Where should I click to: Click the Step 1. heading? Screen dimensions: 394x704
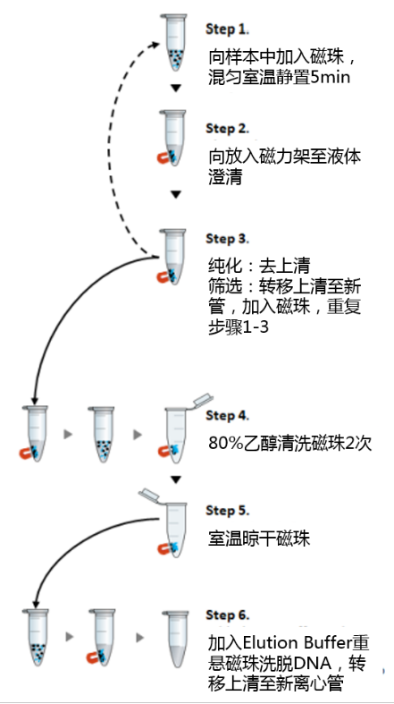click(x=227, y=30)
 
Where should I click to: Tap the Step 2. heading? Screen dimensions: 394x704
click(x=227, y=129)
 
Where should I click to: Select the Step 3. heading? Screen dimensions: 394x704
click(x=227, y=239)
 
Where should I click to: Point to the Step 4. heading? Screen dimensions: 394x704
click(x=227, y=416)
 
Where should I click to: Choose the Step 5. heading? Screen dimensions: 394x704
click(x=227, y=511)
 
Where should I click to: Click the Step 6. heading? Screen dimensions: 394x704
click(x=227, y=615)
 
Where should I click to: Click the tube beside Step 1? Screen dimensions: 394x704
click(x=174, y=43)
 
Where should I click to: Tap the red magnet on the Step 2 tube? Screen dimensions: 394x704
click(x=164, y=158)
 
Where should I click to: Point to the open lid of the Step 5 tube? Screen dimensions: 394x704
click(x=150, y=496)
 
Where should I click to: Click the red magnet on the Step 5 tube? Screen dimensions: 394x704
click(x=164, y=548)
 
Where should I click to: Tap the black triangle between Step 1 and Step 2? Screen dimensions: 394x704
click(x=176, y=89)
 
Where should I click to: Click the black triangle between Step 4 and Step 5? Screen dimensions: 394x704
click(x=176, y=480)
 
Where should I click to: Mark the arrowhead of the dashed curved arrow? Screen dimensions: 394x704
click(x=155, y=45)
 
